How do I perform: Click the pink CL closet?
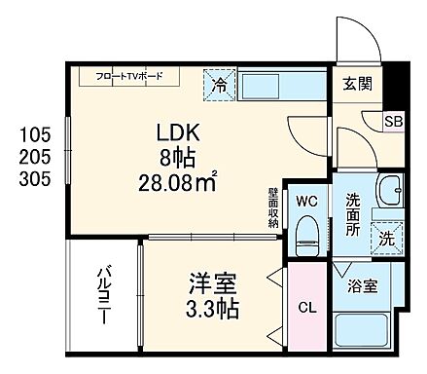click(x=306, y=308)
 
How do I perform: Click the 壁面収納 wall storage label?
click(x=274, y=206)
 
